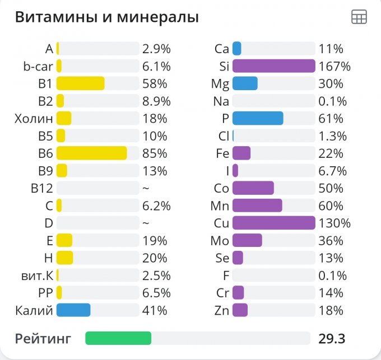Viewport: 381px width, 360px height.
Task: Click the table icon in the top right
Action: pos(359,17)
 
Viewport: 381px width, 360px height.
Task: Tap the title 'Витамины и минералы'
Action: pos(106,17)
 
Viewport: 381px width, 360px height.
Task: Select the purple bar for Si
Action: pos(273,66)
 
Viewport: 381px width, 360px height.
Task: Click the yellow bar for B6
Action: pos(91,153)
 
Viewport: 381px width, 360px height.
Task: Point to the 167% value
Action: pos(334,67)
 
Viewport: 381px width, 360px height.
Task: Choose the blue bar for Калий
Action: pos(73,310)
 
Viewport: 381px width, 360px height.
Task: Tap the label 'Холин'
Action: pos(34,119)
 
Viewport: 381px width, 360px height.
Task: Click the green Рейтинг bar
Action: pos(118,338)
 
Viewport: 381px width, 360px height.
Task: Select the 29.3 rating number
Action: pos(332,339)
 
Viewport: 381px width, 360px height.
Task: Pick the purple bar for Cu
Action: pos(273,223)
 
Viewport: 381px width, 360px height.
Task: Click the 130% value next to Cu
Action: pos(334,223)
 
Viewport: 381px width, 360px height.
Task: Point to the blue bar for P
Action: pos(258,119)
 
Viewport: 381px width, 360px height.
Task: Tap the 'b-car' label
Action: pos(38,67)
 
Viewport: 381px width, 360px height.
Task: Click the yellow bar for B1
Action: pos(80,83)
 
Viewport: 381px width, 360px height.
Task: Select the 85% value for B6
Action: pos(155,153)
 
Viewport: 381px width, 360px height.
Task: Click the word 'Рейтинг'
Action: pos(43,339)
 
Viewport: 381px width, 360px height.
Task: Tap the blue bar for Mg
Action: pos(245,83)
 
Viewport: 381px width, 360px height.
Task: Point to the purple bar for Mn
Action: pos(257,205)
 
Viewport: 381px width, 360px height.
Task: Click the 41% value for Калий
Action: pos(155,310)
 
